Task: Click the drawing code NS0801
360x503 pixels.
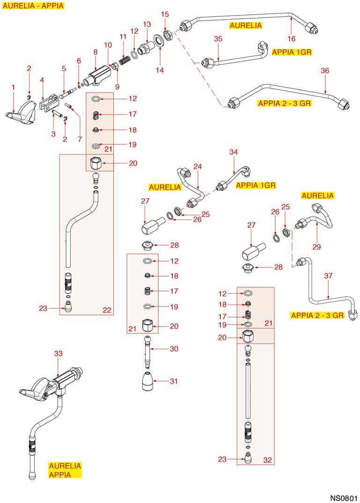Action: click(x=343, y=496)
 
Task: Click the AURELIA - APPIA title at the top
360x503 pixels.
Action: click(x=33, y=6)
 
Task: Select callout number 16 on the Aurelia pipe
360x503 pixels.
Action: click(x=292, y=38)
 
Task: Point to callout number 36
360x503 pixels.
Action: click(x=325, y=71)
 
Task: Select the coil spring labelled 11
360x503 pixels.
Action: click(x=124, y=60)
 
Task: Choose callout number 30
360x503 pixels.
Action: click(x=174, y=349)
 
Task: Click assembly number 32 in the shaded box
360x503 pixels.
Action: click(x=267, y=459)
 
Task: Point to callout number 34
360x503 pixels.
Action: click(x=234, y=152)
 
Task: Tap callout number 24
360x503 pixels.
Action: click(x=198, y=167)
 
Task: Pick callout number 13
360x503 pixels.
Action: click(x=147, y=24)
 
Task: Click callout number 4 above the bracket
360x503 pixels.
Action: click(x=42, y=80)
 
